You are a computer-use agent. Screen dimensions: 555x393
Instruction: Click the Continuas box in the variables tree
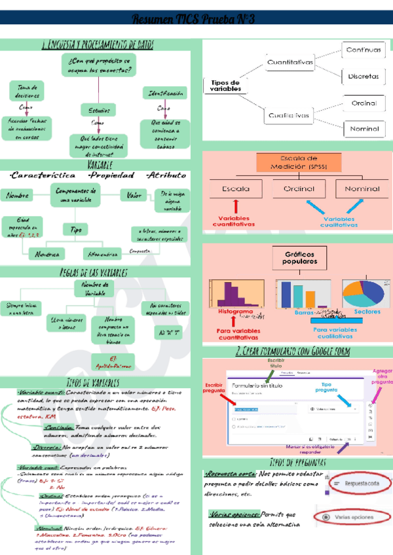click(x=364, y=50)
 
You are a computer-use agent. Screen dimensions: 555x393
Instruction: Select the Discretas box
click(x=364, y=76)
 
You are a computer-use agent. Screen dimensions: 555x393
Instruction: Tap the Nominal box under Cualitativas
click(x=364, y=128)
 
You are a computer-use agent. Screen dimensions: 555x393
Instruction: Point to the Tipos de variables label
click(x=225, y=85)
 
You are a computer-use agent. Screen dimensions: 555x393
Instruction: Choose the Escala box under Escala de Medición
click(x=235, y=188)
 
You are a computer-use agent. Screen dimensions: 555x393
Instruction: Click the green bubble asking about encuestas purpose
click(x=99, y=63)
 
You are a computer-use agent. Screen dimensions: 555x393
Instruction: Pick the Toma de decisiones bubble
click(x=27, y=91)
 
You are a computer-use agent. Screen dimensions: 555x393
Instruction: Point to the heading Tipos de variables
click(x=98, y=382)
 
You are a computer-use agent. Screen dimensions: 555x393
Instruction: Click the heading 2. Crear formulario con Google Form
click(x=292, y=352)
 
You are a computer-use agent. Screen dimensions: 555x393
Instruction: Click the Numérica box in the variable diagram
click(x=32, y=253)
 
